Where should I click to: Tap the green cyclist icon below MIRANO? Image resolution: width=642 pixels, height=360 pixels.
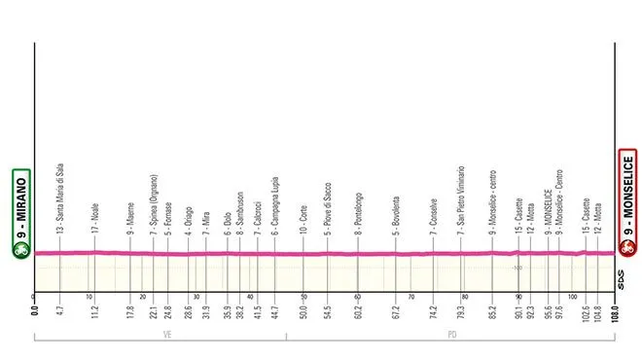click(19, 249)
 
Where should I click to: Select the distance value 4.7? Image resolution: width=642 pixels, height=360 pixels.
click(60, 313)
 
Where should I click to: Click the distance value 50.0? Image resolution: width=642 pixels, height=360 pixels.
click(304, 313)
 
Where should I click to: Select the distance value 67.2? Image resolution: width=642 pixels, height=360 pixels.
click(397, 313)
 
